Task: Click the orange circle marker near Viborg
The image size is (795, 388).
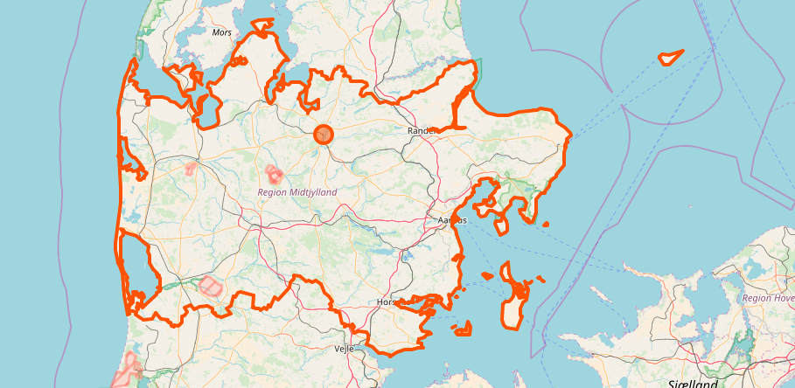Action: (x=324, y=134)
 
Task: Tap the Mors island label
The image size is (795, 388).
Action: (x=222, y=32)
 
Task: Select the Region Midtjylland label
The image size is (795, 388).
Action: (x=296, y=191)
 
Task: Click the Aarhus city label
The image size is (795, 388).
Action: (x=451, y=221)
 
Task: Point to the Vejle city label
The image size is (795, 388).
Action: (x=344, y=348)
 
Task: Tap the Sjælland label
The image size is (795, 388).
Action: (x=691, y=384)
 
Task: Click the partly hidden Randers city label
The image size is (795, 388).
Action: (x=421, y=131)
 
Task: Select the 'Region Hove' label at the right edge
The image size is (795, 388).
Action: (x=768, y=298)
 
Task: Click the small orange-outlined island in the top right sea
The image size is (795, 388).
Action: (x=670, y=58)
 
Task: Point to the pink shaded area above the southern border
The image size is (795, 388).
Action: (x=210, y=286)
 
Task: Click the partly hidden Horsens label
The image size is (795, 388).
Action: (x=385, y=302)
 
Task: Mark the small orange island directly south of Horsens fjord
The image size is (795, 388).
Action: (x=463, y=329)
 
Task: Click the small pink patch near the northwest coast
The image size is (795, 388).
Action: (x=191, y=167)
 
